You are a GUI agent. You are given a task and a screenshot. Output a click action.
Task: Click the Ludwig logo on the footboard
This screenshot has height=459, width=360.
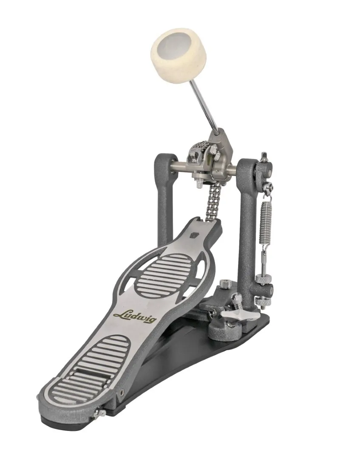[x=134, y=314]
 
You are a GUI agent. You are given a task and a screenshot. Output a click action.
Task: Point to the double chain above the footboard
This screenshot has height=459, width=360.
[x=212, y=201]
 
